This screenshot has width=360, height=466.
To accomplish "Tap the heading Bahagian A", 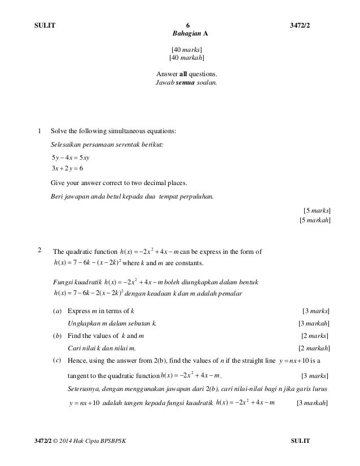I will click(x=188, y=34).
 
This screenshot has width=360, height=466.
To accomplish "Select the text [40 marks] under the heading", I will click(x=187, y=50).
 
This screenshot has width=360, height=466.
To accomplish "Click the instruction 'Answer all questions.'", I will click(x=187, y=74).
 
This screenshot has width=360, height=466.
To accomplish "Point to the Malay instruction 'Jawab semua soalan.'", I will click(x=186, y=82).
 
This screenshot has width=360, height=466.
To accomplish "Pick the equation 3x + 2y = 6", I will click(x=70, y=169).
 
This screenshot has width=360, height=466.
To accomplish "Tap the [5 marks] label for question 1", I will click(x=317, y=210).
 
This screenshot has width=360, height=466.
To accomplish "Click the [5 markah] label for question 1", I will click(x=315, y=220).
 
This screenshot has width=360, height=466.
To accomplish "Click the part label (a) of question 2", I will click(x=56, y=311).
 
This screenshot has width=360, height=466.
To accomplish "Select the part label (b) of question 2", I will click(x=56, y=336).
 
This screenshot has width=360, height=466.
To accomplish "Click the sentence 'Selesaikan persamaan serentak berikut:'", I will click(x=107, y=144).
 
